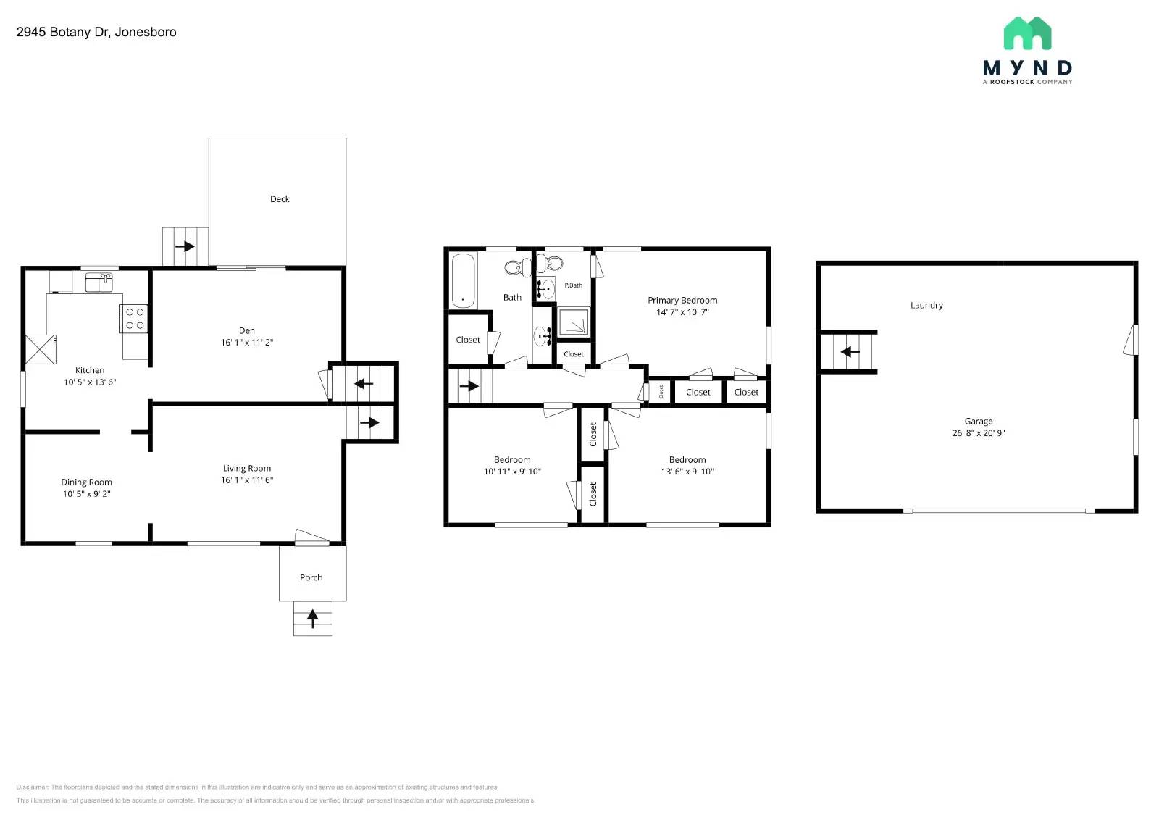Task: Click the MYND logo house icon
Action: coord(1027,33)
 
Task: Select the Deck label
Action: coord(280,199)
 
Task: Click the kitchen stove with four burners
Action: coord(135,319)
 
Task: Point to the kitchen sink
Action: coord(99,282)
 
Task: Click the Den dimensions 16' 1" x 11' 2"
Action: coord(247,343)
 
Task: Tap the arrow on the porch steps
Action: coord(312,619)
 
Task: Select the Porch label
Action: coord(311,577)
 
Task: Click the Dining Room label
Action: coord(86,482)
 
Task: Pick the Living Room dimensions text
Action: coord(247,480)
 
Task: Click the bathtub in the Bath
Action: coord(462,280)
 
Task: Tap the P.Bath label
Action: coord(574,285)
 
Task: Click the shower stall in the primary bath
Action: coord(574,322)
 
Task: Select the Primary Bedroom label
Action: coord(682,300)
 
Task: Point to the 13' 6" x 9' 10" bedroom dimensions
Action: coord(687,472)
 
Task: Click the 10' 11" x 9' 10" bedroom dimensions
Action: coord(512,472)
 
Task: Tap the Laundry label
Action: coord(926,306)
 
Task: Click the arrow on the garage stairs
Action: coord(850,352)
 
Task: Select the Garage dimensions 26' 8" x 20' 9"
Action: coord(979,433)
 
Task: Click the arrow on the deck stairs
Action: coord(185,246)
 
